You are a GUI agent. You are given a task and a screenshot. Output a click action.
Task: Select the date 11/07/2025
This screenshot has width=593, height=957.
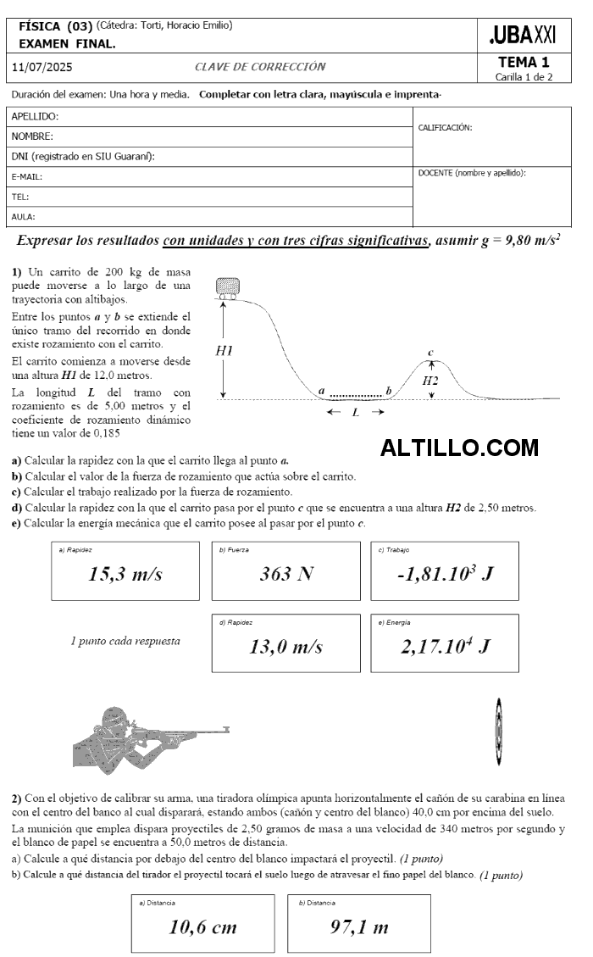click(x=42, y=67)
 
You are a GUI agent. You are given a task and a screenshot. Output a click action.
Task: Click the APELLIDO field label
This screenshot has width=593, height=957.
click(x=36, y=116)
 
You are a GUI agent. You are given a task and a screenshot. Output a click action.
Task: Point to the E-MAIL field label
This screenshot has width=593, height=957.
click(x=27, y=177)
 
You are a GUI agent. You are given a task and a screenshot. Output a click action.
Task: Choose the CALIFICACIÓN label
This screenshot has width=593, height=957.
click(x=446, y=128)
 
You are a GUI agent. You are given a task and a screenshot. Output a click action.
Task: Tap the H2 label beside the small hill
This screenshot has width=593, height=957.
click(x=430, y=381)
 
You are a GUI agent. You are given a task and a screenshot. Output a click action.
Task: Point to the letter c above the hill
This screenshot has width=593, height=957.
click(x=430, y=353)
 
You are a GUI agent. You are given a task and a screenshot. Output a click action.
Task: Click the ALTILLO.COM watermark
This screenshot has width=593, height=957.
click(x=459, y=447)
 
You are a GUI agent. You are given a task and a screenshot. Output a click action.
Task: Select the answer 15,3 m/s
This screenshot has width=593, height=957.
click(x=125, y=574)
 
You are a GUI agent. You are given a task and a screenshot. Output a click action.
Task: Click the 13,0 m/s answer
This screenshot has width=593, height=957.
click(x=285, y=647)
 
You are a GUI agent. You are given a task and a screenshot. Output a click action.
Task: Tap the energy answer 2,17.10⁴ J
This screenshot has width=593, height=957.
click(x=445, y=647)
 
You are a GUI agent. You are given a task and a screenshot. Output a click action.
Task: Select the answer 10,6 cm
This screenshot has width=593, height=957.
click(x=203, y=926)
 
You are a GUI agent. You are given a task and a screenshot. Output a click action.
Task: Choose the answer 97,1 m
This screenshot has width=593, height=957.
click(x=359, y=926)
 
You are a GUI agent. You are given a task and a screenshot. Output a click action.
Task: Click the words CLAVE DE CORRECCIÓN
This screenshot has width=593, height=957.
click(x=260, y=67)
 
